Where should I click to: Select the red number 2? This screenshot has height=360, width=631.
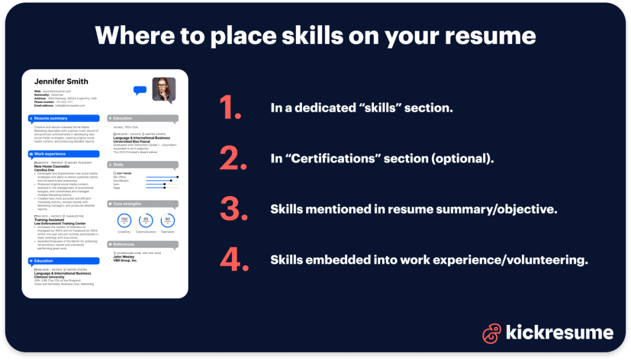(234, 159)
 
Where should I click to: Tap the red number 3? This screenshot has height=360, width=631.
(234, 210)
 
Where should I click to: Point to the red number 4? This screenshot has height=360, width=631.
(234, 260)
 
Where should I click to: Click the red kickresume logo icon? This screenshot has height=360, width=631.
(491, 333)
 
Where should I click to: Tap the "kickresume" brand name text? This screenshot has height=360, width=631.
(559, 333)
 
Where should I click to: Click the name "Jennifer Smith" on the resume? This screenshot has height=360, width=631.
(61, 81)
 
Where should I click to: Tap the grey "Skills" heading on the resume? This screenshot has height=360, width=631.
(142, 165)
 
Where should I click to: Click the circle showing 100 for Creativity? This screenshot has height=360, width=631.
(124, 219)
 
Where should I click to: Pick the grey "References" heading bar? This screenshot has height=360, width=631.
(142, 244)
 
